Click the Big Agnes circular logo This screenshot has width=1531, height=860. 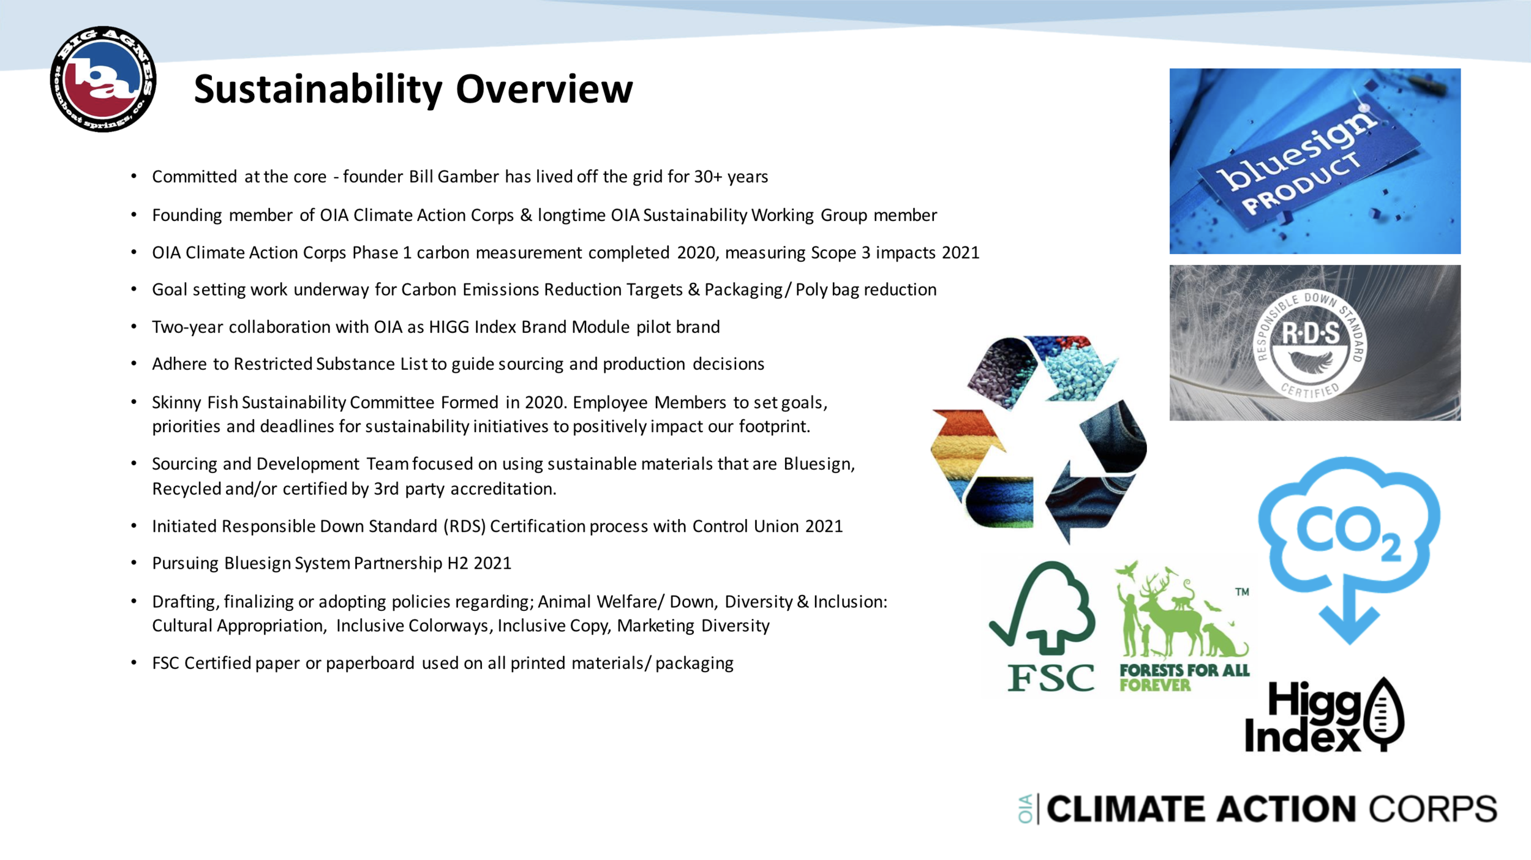tap(103, 79)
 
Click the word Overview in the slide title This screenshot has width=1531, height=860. tap(544, 89)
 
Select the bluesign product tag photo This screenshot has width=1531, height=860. tap(1315, 161)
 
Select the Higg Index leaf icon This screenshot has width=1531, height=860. tap(1382, 714)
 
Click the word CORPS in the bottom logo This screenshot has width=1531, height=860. tap(1433, 809)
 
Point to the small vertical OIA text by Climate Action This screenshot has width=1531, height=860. tap(1026, 809)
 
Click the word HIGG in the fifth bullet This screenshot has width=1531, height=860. tap(449, 327)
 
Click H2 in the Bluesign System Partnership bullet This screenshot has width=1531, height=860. tap(457, 563)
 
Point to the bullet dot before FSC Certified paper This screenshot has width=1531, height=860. tap(134, 663)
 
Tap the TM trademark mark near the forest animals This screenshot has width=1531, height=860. tap(1242, 592)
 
